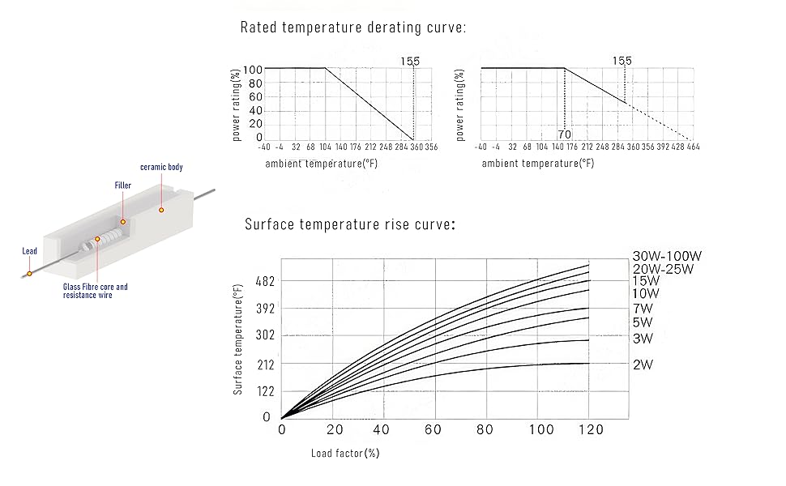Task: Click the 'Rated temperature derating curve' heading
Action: pyautogui.click(x=353, y=28)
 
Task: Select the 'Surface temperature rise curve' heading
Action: pyautogui.click(x=349, y=224)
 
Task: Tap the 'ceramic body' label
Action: pyautogui.click(x=161, y=167)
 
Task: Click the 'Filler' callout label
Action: pyautogui.click(x=122, y=185)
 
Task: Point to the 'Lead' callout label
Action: pyautogui.click(x=29, y=251)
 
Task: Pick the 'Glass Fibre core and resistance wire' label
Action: pyautogui.click(x=96, y=291)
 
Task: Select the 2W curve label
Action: pyautogui.click(x=643, y=364)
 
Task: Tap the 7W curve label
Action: pyautogui.click(x=643, y=308)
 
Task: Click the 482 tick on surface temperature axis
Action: pyautogui.click(x=265, y=281)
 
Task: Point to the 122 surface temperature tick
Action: pyautogui.click(x=265, y=391)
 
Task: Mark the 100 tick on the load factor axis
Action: pyautogui.click(x=537, y=429)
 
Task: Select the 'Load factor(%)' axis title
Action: pyautogui.click(x=345, y=453)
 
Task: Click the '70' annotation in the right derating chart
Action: pyautogui.click(x=565, y=134)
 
